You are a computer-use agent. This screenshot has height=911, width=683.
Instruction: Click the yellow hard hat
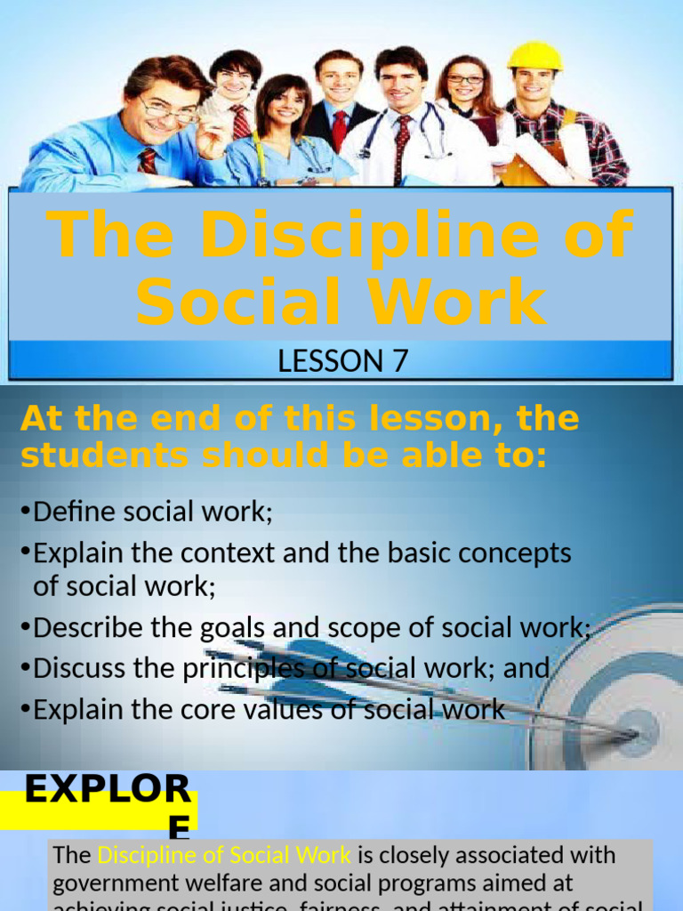534,56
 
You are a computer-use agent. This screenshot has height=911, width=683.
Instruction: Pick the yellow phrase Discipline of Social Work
224,856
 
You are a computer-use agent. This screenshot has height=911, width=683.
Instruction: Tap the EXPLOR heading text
107,790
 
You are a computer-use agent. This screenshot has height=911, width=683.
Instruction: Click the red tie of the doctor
402,146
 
